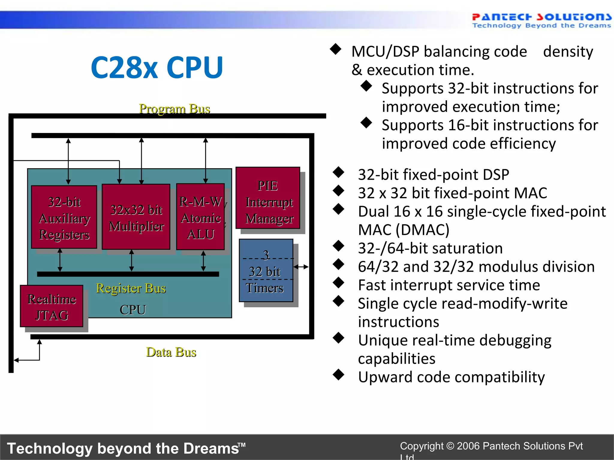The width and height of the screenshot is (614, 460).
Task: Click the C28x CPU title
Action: pyautogui.click(x=157, y=68)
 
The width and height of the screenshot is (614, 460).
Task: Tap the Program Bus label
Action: pyautogui.click(x=174, y=109)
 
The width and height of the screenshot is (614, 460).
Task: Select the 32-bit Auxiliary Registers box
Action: pyautogui.click(x=64, y=217)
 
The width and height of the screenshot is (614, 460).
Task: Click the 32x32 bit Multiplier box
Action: pyautogui.click(x=136, y=217)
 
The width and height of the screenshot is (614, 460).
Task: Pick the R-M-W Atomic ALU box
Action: pyautogui.click(x=200, y=217)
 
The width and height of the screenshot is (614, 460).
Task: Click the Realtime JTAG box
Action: pyautogui.click(x=52, y=306)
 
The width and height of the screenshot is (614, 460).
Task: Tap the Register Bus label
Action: pyautogui.click(x=131, y=288)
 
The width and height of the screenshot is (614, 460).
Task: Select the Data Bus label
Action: pyautogui.click(x=171, y=352)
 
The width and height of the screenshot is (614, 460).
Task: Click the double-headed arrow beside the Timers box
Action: pyautogui.click(x=301, y=267)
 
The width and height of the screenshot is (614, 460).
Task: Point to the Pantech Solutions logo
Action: pyautogui.click(x=541, y=20)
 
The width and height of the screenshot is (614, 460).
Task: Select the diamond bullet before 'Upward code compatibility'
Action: pyautogui.click(x=338, y=375)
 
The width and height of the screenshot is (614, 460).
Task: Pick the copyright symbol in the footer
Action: pyautogui.click(x=450, y=446)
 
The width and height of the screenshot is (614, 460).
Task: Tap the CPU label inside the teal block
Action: pyautogui.click(x=133, y=310)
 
